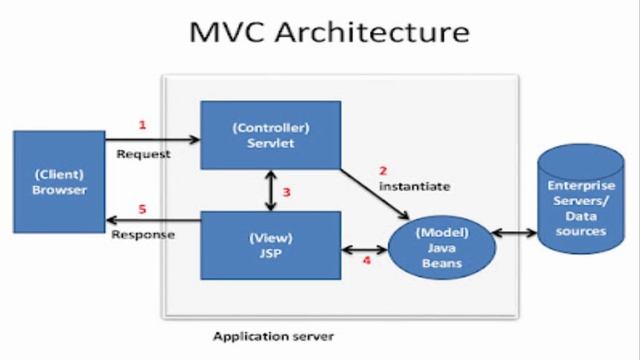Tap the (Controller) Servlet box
point(270,136)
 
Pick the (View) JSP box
point(270,245)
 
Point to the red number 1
point(142,125)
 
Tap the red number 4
point(366,261)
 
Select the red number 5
point(142,210)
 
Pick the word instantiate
point(414,186)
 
